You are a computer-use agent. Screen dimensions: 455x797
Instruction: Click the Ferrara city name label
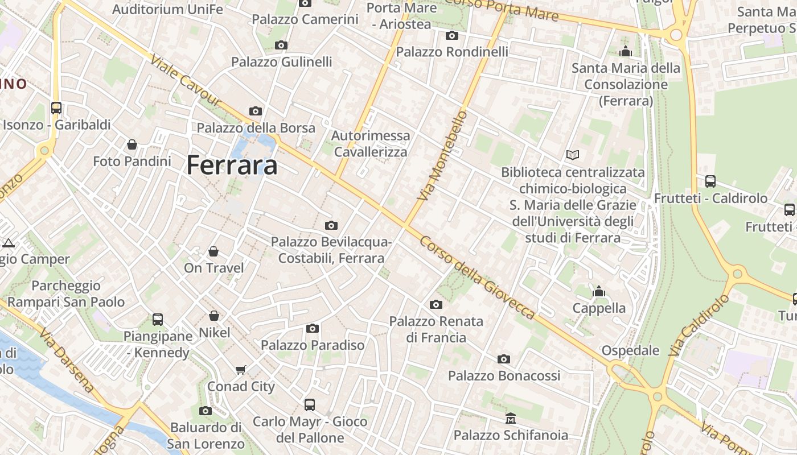(232, 165)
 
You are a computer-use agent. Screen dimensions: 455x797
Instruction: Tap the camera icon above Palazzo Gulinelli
(281, 45)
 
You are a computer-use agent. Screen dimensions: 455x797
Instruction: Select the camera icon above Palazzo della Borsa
(256, 111)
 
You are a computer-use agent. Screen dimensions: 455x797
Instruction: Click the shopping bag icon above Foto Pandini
(132, 144)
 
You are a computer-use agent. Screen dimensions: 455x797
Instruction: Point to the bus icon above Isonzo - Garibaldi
(56, 107)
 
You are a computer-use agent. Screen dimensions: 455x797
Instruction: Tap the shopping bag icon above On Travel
(213, 251)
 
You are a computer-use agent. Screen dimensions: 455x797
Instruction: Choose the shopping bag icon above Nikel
(214, 315)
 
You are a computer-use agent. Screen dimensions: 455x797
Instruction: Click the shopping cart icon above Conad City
(241, 370)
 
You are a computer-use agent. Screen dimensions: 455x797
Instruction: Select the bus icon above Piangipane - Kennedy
(158, 319)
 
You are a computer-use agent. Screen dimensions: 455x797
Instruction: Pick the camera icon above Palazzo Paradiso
(312, 328)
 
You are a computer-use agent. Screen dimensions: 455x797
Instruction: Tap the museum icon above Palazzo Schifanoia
(511, 419)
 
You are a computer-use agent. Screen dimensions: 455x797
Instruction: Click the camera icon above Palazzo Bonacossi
(504, 359)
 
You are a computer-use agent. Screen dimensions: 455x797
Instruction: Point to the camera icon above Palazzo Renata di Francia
(436, 304)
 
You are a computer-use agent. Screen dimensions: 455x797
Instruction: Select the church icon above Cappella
(599, 291)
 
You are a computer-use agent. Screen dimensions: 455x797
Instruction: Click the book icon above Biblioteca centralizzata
(573, 155)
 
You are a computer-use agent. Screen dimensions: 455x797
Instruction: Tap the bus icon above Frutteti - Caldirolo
(710, 181)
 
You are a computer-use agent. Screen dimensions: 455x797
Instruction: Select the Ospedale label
(631, 350)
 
